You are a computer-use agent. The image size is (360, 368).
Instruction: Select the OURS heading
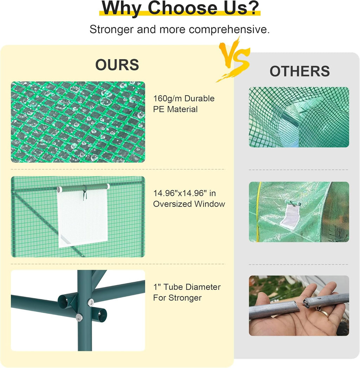click(x=117, y=64)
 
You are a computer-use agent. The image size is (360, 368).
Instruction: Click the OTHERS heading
click(x=300, y=71)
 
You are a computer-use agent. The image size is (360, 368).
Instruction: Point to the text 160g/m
click(x=167, y=99)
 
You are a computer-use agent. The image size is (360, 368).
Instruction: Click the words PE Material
click(x=175, y=109)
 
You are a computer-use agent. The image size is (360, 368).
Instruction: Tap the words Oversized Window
click(x=189, y=204)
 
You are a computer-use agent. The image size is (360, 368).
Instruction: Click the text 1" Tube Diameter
click(x=187, y=287)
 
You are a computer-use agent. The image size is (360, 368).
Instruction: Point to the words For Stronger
click(x=177, y=298)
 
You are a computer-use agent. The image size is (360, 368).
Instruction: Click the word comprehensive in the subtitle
click(x=229, y=30)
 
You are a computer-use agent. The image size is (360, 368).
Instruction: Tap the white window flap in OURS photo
click(x=83, y=217)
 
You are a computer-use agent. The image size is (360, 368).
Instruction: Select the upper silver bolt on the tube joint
click(x=91, y=302)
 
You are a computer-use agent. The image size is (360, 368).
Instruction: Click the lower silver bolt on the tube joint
click(x=79, y=317)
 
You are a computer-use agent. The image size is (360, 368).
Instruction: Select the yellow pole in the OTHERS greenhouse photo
click(x=257, y=211)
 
